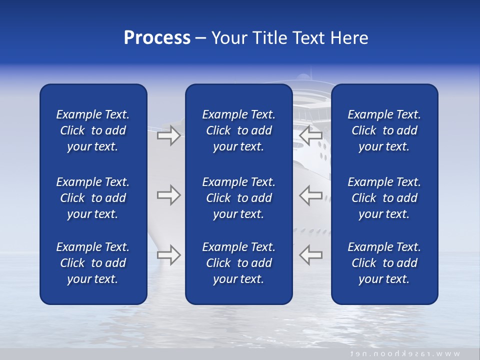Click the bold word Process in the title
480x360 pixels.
[x=157, y=38]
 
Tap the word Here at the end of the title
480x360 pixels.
[x=349, y=38]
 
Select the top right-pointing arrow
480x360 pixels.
[x=168, y=135]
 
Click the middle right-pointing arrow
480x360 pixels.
[x=168, y=195]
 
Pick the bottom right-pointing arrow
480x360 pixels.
[x=168, y=254]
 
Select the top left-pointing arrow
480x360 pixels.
[x=311, y=135]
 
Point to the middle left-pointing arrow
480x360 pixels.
[x=311, y=195]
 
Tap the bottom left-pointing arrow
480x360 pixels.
[x=311, y=254]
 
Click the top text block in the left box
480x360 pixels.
[x=93, y=130]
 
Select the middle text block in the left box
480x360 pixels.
[x=93, y=198]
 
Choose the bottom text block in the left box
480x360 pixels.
[x=93, y=263]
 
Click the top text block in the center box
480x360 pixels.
[x=238, y=130]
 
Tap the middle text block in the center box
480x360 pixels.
[x=238, y=198]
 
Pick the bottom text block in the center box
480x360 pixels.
[x=238, y=263]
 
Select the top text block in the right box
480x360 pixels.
[x=384, y=130]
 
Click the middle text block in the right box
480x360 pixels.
[x=384, y=198]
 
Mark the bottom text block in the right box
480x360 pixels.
[x=384, y=263]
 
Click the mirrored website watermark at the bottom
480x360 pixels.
[x=405, y=353]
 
